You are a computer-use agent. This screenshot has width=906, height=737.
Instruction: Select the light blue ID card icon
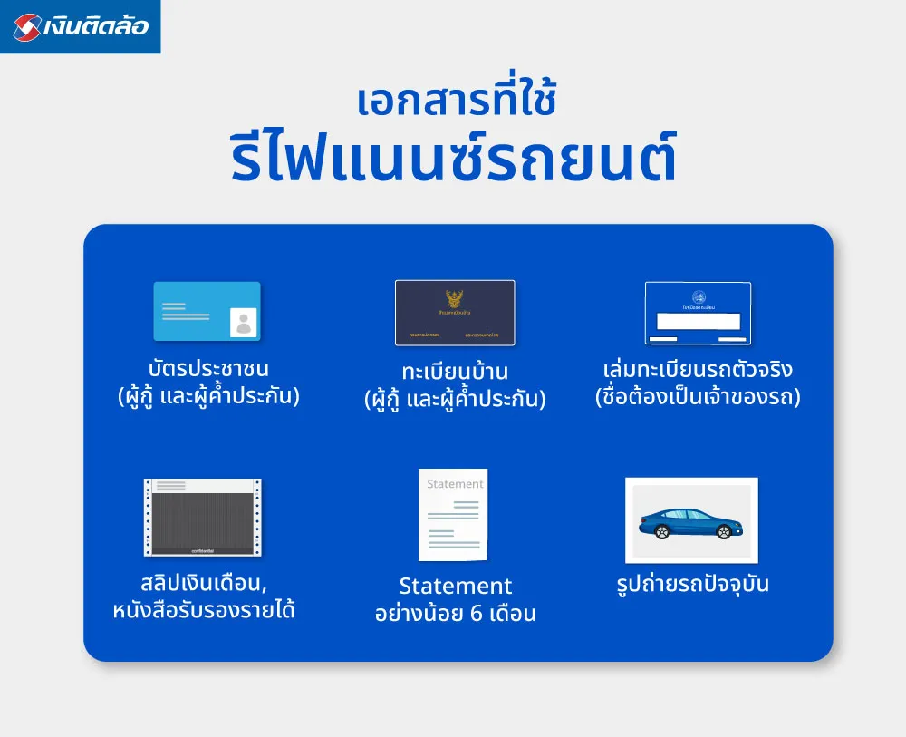point(207,311)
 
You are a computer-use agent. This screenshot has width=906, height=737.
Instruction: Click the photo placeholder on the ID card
point(243,322)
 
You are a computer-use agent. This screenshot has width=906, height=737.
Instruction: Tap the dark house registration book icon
point(455,313)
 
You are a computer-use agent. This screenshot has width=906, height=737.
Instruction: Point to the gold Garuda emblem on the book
point(455,300)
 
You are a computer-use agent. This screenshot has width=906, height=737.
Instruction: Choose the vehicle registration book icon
point(698,313)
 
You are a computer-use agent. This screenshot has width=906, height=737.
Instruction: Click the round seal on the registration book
point(698,296)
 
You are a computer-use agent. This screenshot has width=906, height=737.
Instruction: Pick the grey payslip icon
point(202,517)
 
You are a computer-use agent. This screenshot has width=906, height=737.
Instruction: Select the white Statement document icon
point(453,515)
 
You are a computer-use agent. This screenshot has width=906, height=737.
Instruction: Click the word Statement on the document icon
point(455,484)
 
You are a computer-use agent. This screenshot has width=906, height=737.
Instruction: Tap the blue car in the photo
point(690,523)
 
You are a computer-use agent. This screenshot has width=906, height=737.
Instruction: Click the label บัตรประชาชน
point(208,370)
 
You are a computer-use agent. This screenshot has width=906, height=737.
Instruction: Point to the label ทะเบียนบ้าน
point(455,372)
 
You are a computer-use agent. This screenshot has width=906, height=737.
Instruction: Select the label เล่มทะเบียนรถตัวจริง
point(698,370)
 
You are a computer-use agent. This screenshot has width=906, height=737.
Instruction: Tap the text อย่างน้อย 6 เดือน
point(455,614)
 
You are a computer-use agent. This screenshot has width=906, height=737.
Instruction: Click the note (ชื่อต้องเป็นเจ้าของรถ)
point(698,397)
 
